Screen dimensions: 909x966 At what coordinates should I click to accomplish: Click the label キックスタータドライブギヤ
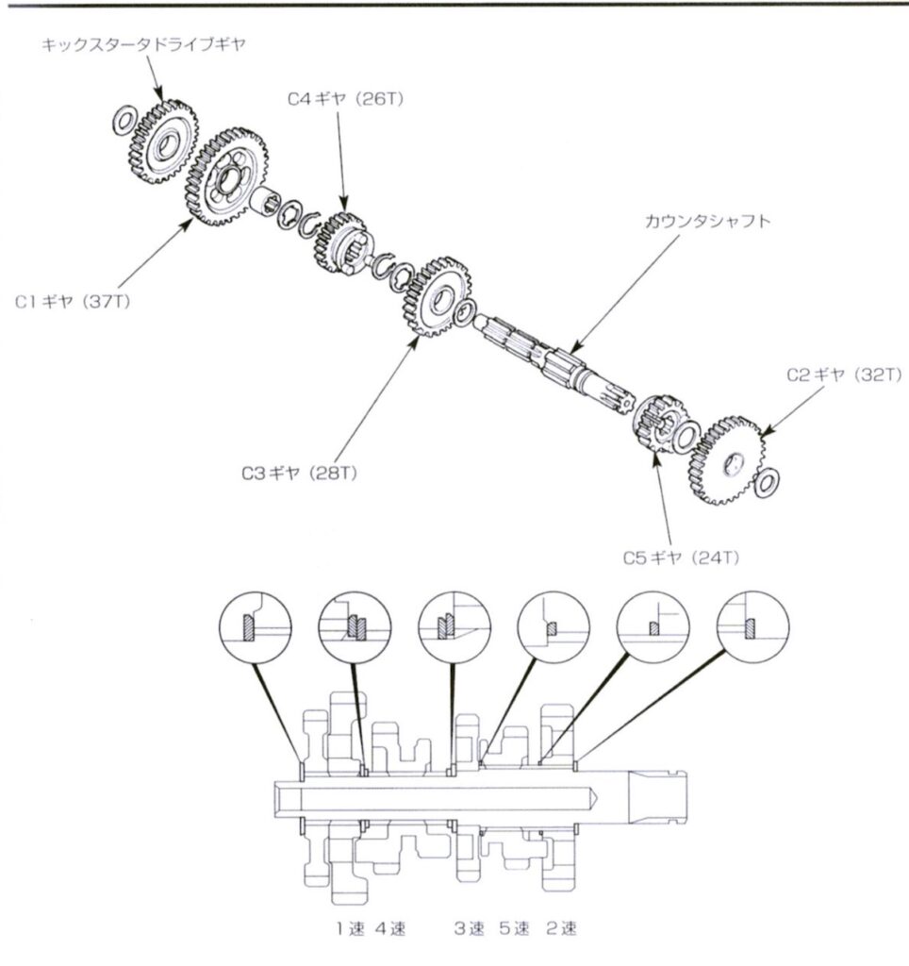(143, 45)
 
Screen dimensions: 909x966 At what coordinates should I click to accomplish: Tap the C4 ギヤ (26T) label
(345, 99)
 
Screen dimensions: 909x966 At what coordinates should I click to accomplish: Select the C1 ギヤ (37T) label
(73, 303)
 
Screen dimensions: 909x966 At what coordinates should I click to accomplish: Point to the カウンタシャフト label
(707, 221)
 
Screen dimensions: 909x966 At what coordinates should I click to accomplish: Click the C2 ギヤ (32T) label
(844, 375)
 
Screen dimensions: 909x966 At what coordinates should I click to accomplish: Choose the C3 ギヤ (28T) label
(299, 474)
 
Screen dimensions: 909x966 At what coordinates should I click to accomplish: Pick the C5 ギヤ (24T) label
(681, 558)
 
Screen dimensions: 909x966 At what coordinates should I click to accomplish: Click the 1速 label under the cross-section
(351, 928)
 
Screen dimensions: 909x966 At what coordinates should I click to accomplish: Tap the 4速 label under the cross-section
(390, 928)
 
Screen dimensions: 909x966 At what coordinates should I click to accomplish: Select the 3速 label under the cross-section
(470, 928)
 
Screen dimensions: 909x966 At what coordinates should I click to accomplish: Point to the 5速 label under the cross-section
(514, 928)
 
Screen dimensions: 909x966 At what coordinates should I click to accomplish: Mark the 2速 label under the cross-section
(562, 928)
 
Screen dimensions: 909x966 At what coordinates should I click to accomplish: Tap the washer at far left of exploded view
(125, 120)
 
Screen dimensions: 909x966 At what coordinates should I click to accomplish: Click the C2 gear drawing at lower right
(727, 460)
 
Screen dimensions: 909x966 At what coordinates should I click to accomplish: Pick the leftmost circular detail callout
(256, 627)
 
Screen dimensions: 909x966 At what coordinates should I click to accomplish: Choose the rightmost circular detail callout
(753, 627)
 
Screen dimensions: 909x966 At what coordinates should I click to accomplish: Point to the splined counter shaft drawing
(554, 363)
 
